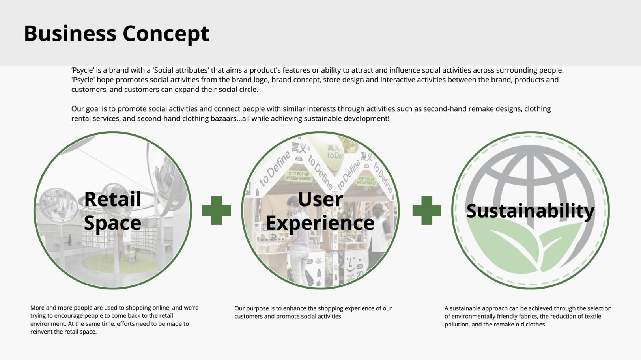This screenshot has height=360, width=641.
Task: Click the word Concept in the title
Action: [x=166, y=34]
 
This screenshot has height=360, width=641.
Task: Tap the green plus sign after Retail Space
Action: [x=216, y=210]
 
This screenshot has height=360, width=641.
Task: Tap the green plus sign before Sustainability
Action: [x=427, y=210]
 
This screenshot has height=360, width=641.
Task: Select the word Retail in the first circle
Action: [x=113, y=199]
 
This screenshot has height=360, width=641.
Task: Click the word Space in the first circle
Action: [x=113, y=223]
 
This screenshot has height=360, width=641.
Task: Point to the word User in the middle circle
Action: [x=320, y=199]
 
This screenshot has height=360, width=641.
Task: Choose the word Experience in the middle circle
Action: [x=320, y=223]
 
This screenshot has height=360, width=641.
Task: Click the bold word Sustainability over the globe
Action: [x=531, y=211]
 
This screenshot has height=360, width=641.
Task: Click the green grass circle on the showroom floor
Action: [x=120, y=263]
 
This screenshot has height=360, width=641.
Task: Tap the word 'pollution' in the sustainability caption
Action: [x=456, y=325]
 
